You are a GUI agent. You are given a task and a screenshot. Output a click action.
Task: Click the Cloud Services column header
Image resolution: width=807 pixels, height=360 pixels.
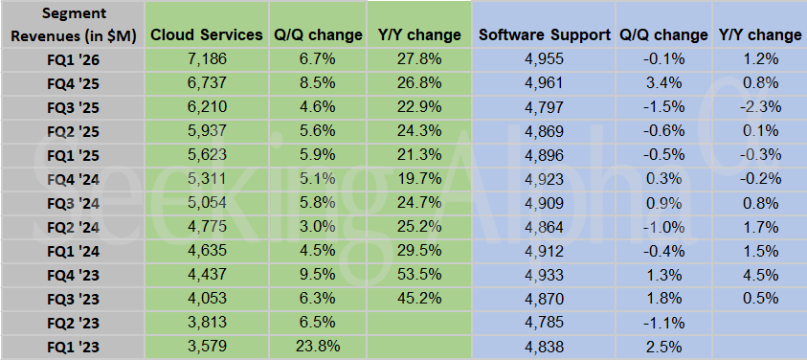coord(208,34)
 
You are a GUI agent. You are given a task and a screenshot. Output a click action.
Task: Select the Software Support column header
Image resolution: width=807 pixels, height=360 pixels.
coord(544,34)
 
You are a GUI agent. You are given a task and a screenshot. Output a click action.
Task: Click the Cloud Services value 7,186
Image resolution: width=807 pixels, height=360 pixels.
coord(208,58)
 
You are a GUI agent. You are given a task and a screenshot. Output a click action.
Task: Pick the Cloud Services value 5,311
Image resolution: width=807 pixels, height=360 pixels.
coord(208,179)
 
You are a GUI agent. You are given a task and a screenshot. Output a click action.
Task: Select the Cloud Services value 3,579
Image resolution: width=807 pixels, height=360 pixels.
coord(208,346)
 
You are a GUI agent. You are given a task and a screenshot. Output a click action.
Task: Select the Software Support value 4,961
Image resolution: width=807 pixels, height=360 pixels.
coord(544,82)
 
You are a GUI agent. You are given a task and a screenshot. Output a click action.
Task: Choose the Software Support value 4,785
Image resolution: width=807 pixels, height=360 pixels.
coord(544,322)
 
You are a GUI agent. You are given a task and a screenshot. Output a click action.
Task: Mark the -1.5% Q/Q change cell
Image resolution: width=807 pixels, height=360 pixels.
coord(663,106)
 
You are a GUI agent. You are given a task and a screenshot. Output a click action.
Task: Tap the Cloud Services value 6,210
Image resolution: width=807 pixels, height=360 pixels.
coord(208,106)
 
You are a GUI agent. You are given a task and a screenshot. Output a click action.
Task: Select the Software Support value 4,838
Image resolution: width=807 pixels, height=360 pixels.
coord(544,346)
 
